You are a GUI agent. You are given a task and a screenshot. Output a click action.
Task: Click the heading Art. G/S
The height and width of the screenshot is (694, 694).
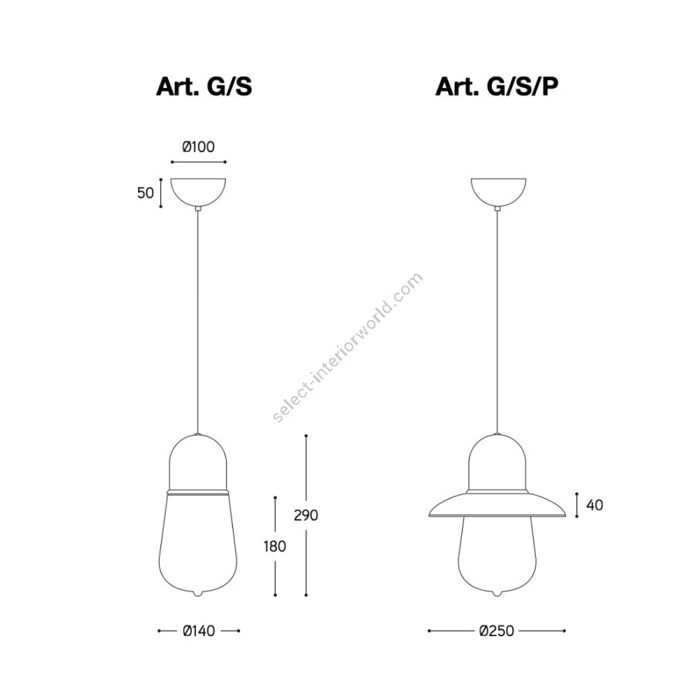pyautogui.click(x=204, y=86)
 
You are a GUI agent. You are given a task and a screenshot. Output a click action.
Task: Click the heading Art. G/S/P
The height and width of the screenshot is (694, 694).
pyautogui.click(x=497, y=86)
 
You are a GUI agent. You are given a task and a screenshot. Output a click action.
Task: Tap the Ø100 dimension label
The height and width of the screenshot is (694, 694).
pyautogui.click(x=198, y=147)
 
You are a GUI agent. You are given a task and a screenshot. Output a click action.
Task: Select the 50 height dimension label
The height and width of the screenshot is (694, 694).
pyautogui.click(x=145, y=193)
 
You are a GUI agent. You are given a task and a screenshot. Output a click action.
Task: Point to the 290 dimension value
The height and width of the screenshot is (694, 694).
pyautogui.click(x=306, y=515)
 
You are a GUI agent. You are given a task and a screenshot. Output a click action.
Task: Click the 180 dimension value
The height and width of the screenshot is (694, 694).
pyautogui.click(x=275, y=547)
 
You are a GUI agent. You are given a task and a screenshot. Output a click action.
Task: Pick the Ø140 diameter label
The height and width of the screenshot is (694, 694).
pyautogui.click(x=199, y=631)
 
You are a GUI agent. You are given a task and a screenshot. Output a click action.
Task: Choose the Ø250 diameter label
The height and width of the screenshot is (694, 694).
pyautogui.click(x=497, y=631)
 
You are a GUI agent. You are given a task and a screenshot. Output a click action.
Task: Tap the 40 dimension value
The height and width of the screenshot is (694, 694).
pyautogui.click(x=595, y=505)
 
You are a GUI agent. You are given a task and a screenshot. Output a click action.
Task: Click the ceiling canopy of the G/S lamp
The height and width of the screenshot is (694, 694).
pyautogui.click(x=198, y=191)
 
